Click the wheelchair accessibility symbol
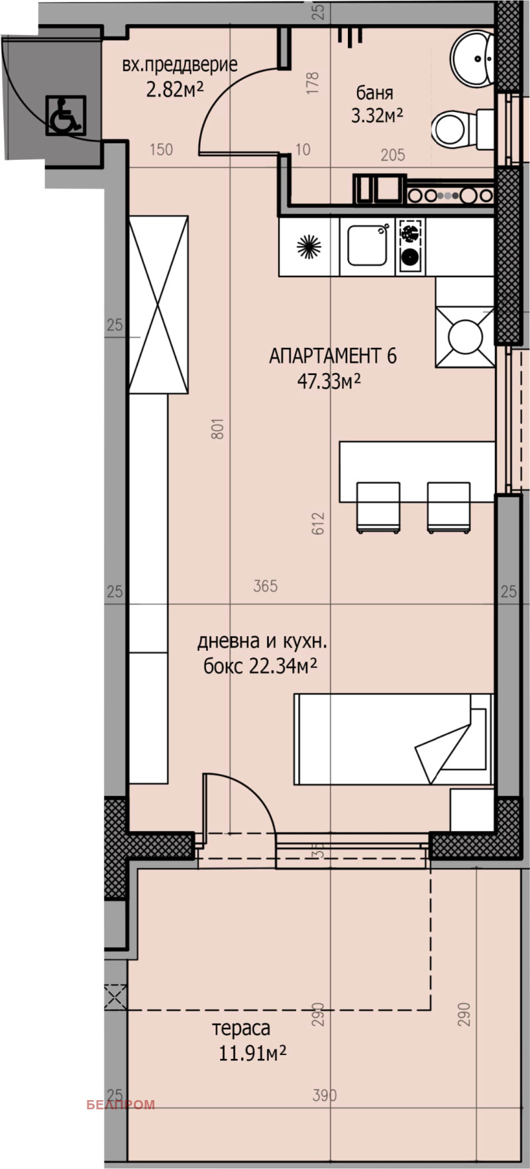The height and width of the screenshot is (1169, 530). [x=66, y=115]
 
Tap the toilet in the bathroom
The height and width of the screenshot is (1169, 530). [x=457, y=129]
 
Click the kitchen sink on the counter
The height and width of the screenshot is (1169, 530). [x=367, y=247]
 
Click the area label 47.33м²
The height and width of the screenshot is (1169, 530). [x=329, y=382]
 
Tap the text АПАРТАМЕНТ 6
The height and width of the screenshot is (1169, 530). [x=333, y=357]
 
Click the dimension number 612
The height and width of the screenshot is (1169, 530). [x=319, y=522]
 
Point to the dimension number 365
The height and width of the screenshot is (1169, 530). [x=265, y=586]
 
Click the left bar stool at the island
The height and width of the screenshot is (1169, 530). [x=378, y=507]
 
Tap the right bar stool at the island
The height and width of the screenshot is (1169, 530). [x=449, y=507]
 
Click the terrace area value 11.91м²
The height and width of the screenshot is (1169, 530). [x=252, y=1053]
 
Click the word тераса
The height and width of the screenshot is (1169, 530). [x=241, y=1029]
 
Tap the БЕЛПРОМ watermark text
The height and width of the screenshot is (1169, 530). [x=121, y=1104]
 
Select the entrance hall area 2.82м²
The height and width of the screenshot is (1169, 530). [x=175, y=89]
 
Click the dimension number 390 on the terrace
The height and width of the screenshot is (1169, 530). [x=325, y=1095]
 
